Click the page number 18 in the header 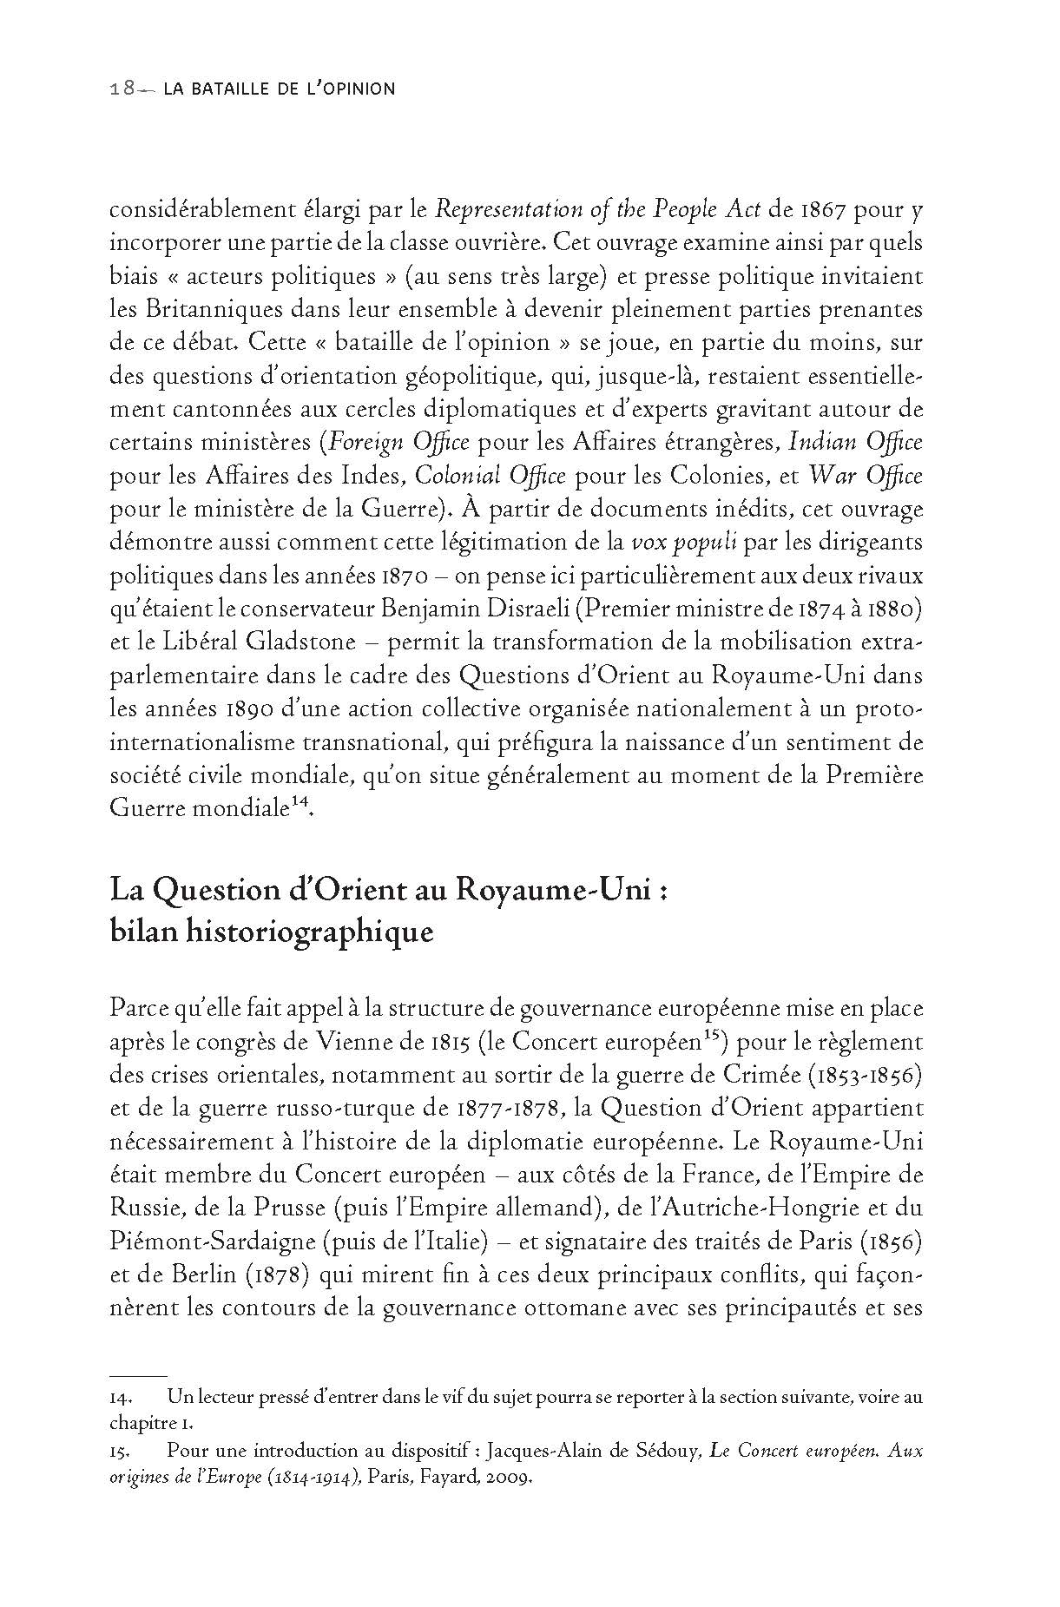click(x=121, y=89)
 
